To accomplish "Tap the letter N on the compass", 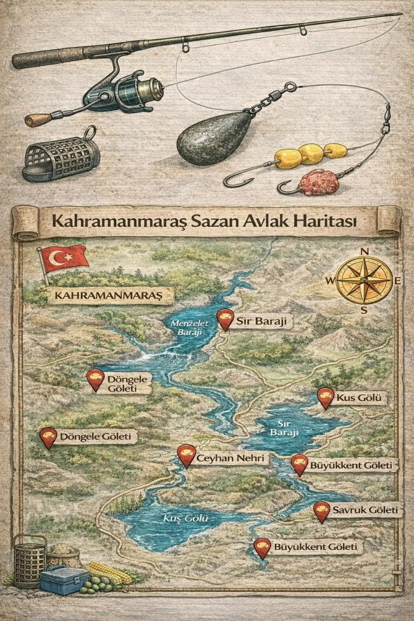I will (x=364, y=251).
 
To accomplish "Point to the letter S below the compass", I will (x=364, y=309).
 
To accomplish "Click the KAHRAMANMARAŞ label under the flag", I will (x=108, y=296).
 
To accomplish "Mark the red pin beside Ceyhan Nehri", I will (x=186, y=455).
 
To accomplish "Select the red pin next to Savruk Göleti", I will (x=322, y=511).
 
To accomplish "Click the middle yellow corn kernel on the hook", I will (x=311, y=154).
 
